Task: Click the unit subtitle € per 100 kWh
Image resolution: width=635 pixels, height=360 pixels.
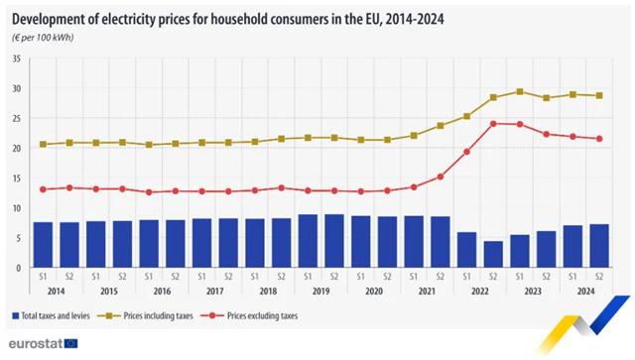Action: click(46, 37)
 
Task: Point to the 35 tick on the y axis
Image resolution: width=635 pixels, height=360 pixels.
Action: click(16, 59)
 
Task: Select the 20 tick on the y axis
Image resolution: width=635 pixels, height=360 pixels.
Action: click(16, 148)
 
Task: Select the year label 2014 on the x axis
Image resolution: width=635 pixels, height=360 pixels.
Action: click(56, 293)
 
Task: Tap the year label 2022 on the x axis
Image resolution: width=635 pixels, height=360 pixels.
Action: click(479, 293)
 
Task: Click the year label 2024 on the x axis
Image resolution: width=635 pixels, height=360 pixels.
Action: click(585, 293)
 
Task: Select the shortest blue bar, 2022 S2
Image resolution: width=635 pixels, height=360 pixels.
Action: click(493, 255)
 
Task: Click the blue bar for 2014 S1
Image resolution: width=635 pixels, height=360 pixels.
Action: click(43, 245)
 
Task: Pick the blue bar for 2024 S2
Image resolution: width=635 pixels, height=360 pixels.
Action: click(599, 246)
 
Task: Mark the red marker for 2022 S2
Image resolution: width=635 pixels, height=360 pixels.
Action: click(493, 124)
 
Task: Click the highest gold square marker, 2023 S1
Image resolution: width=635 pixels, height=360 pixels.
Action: click(520, 91)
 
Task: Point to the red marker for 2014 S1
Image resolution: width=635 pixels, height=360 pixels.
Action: click(43, 189)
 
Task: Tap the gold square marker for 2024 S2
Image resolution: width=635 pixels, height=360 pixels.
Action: click(599, 95)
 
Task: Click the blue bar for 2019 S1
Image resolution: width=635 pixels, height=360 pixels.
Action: click(308, 241)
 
